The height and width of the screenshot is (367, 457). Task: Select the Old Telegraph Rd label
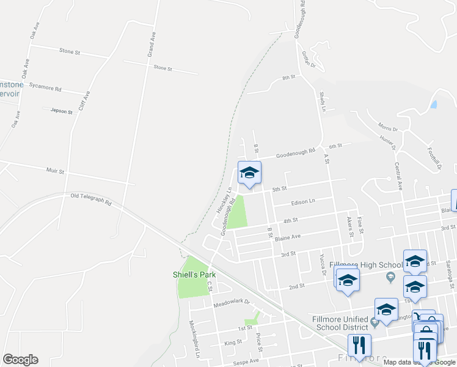(91, 199)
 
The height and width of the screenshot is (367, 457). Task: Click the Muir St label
(55, 171)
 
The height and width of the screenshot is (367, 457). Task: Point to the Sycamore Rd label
(49, 89)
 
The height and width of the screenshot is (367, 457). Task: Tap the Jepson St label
(62, 111)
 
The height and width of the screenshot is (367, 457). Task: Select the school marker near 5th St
(249, 173)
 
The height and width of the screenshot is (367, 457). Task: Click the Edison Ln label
(303, 202)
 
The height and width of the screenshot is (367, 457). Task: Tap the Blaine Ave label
(288, 237)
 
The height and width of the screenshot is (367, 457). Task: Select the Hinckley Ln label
(224, 199)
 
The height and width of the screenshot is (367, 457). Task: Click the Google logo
(20, 360)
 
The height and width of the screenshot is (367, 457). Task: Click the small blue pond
(433, 104)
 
